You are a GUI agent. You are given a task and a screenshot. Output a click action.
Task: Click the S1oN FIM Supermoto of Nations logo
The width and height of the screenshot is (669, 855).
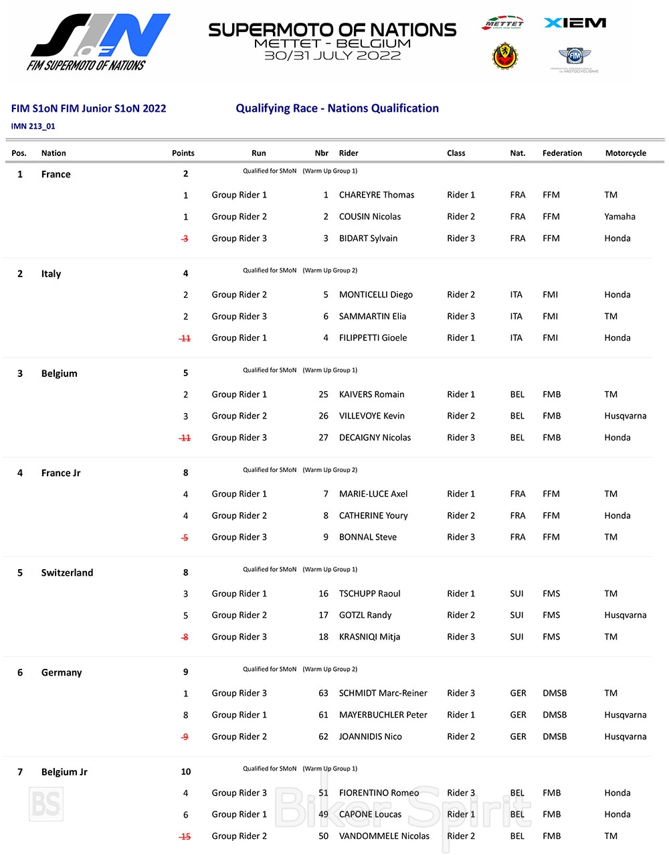[x=99, y=42]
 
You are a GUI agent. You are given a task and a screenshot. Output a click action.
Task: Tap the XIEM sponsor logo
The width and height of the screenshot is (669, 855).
[x=575, y=23]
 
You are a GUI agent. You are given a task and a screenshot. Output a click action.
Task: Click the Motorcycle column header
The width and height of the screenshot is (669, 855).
[x=626, y=153]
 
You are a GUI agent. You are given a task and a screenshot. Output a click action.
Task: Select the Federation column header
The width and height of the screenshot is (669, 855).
[x=562, y=153]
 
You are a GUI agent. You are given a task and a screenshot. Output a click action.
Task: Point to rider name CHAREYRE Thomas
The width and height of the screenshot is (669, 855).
[x=376, y=195]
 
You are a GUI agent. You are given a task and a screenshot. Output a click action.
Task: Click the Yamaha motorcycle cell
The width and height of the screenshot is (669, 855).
[x=619, y=216]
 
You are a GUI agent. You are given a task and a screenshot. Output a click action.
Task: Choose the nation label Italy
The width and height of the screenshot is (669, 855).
[x=51, y=274]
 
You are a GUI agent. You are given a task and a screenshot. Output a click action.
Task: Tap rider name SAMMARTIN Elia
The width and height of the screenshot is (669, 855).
[x=372, y=316]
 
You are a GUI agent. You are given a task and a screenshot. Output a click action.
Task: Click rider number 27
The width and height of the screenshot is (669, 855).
[x=323, y=437]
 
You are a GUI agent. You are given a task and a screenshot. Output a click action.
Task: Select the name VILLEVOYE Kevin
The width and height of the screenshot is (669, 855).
[x=371, y=416]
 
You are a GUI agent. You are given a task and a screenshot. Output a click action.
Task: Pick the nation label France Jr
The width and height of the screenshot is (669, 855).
[x=61, y=473]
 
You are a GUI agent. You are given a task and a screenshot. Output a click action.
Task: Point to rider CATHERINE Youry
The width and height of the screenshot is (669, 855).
[x=373, y=516]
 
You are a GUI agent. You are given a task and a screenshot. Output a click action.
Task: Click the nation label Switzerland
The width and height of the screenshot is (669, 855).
[x=67, y=572]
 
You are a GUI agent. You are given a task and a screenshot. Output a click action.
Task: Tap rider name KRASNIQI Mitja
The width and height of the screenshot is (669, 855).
[x=369, y=637]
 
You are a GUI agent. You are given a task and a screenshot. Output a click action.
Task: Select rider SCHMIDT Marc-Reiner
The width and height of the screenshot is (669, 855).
[x=383, y=693]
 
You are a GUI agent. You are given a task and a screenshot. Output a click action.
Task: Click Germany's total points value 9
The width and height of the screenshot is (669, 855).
[x=185, y=672]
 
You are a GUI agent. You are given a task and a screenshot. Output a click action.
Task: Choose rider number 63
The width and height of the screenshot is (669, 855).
[x=323, y=693]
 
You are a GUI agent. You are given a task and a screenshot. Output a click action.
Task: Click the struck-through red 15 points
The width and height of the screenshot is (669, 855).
[x=185, y=836]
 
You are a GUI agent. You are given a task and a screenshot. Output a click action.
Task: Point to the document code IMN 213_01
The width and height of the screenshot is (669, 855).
[x=33, y=126]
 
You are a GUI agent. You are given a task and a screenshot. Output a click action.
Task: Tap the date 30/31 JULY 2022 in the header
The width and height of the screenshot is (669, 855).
[x=332, y=56]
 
